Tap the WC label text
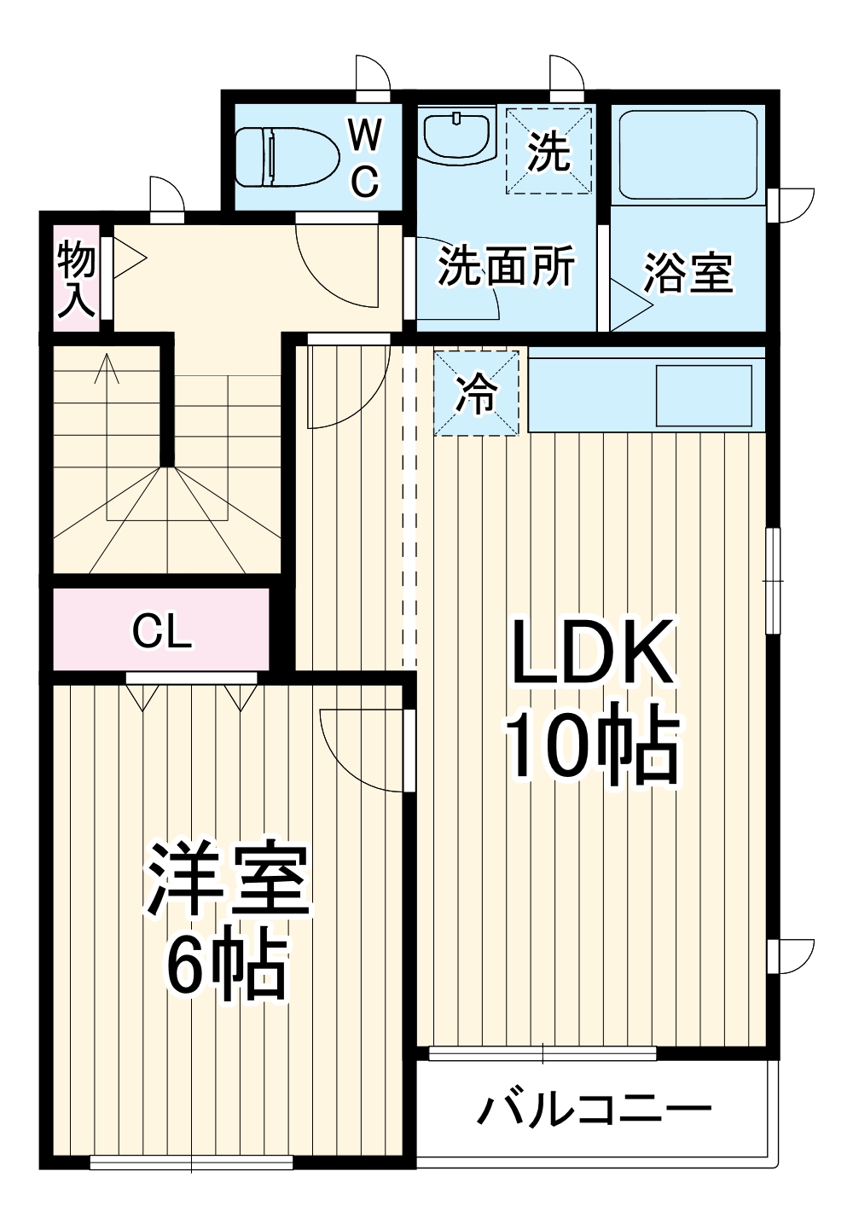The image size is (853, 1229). click(365, 159)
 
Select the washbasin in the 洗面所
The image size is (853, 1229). click(457, 135)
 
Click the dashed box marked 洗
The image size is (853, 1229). click(548, 151)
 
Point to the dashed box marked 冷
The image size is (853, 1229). click(476, 393)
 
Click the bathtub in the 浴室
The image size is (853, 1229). click(688, 154)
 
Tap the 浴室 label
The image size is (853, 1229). click(688, 273)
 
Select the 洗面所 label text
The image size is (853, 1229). click(507, 266)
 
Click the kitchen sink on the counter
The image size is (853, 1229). click(704, 395)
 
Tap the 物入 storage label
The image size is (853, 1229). click(76, 278)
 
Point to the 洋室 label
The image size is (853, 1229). click(228, 878)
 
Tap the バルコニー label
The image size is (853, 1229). click(595, 1110)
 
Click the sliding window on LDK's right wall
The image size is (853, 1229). click(773, 581)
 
